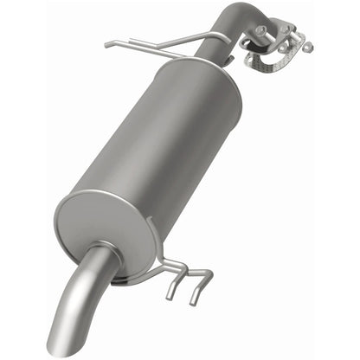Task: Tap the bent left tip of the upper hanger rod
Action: pyautogui.click(x=107, y=44)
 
